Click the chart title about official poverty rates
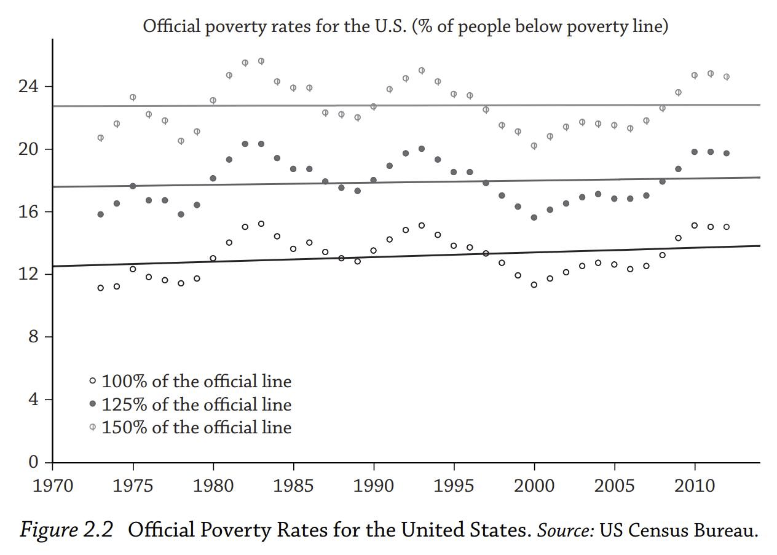pyautogui.click(x=405, y=26)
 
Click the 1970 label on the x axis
pyautogui.click(x=52, y=486)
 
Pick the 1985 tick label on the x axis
pyautogui.click(x=293, y=486)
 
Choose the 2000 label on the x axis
pyautogui.click(x=534, y=486)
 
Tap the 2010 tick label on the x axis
pyautogui.click(x=694, y=486)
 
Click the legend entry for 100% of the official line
pyautogui.click(x=191, y=381)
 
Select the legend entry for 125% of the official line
pyautogui.click(x=191, y=404)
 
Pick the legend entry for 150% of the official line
pyautogui.click(x=191, y=427)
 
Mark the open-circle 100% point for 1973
pyautogui.click(x=100, y=288)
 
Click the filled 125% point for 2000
pyautogui.click(x=534, y=218)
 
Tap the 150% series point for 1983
pyautogui.click(x=261, y=61)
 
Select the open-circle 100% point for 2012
pyautogui.click(x=726, y=227)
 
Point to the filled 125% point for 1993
pyautogui.click(x=421, y=149)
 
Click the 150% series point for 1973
pyautogui.click(x=100, y=138)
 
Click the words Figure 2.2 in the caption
pyautogui.click(x=66, y=530)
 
